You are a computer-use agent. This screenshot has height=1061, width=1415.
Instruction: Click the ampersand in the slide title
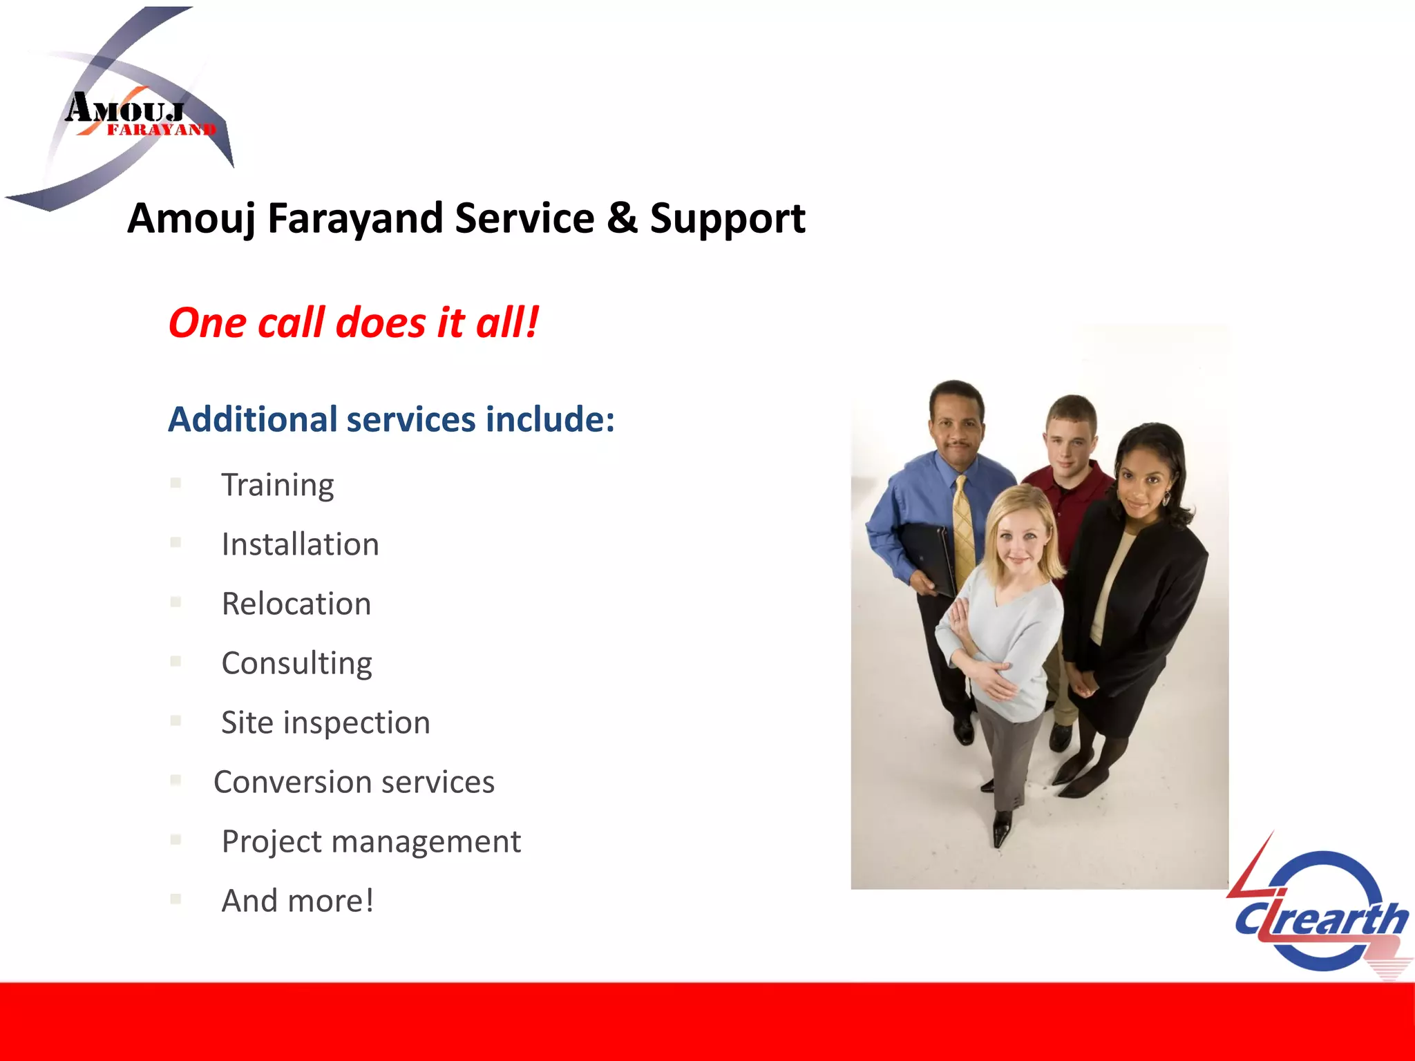(622, 218)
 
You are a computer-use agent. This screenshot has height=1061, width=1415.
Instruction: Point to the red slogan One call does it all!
(353, 323)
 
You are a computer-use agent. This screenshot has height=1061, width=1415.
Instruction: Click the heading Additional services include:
(391, 419)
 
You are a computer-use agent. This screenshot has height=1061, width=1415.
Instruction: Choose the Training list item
(277, 485)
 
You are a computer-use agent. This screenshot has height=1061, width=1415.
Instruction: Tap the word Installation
(300, 544)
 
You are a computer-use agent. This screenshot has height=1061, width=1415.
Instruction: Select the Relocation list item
(296, 604)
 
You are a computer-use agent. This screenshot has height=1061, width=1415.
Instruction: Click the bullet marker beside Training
(175, 484)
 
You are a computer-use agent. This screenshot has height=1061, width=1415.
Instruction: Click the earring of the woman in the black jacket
(1167, 497)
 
